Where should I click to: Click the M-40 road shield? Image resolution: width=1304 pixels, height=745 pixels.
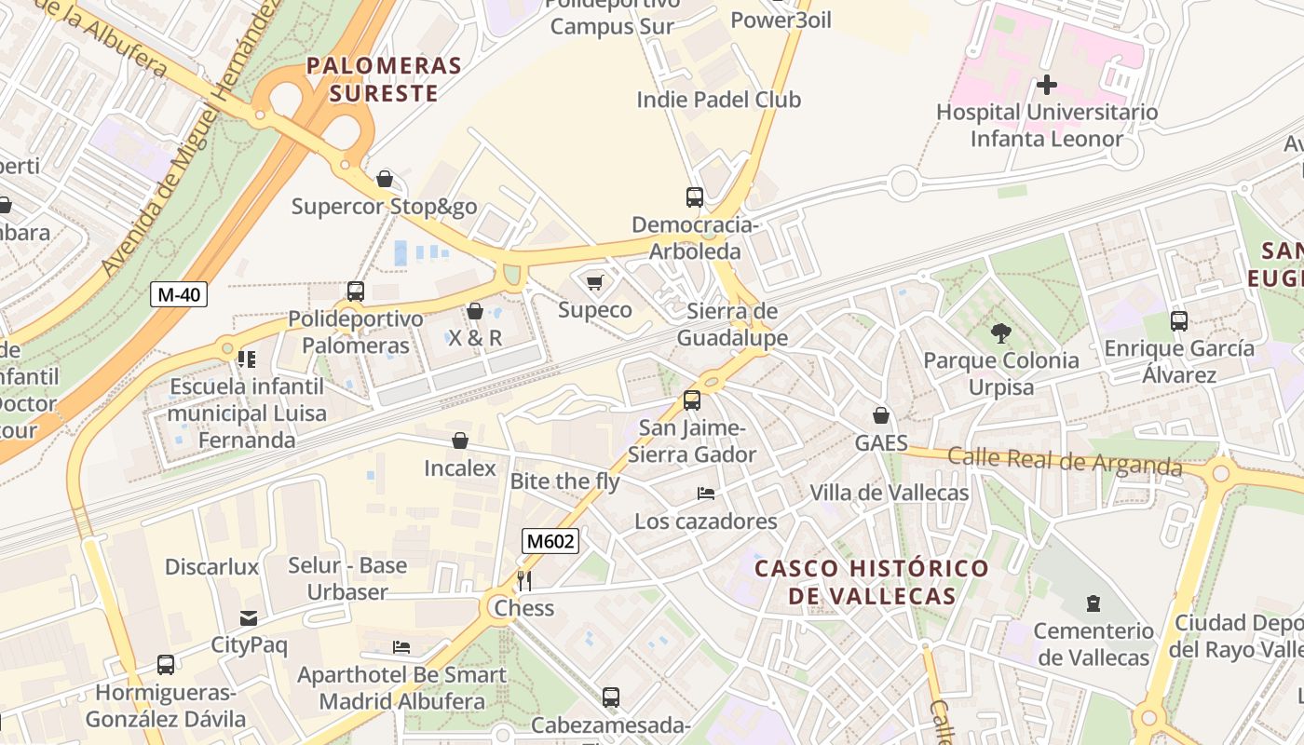coord(179,295)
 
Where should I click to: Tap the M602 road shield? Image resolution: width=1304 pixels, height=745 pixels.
coord(550,541)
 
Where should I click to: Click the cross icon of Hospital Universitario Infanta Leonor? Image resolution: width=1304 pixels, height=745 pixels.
coord(1047,85)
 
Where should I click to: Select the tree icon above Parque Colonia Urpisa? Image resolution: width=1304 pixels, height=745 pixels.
coord(1001,332)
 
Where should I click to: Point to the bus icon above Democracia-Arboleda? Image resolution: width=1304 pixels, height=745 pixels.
coord(695,197)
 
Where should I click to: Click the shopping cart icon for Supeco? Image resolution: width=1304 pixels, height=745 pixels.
coord(595,281)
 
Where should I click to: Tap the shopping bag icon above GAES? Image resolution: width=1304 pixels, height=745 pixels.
coord(881,415)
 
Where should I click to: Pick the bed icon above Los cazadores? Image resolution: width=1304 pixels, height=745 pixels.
coord(706,494)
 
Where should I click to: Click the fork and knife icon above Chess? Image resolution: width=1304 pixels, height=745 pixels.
coord(524,581)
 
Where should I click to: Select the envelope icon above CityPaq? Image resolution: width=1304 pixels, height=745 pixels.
coord(249,618)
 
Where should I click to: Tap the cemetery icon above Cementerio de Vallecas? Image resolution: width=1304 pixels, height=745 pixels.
coord(1093,603)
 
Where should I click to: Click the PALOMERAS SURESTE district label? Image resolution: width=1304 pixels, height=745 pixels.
coord(384,79)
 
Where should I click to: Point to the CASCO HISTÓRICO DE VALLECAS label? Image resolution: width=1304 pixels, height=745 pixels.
coord(871,582)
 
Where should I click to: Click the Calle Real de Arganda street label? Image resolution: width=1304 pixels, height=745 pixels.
coord(1064,461)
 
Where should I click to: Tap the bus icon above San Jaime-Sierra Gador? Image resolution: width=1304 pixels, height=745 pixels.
coord(691,400)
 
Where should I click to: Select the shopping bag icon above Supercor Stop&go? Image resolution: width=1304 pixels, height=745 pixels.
coord(385,179)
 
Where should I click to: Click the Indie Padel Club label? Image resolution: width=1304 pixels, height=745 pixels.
coord(718,100)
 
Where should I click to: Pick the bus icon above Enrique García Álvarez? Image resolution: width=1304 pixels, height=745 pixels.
coord(1179,321)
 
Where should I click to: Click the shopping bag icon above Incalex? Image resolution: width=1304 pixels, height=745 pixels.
coord(460,440)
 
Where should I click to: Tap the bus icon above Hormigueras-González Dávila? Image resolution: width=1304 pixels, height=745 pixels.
coord(166,665)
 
